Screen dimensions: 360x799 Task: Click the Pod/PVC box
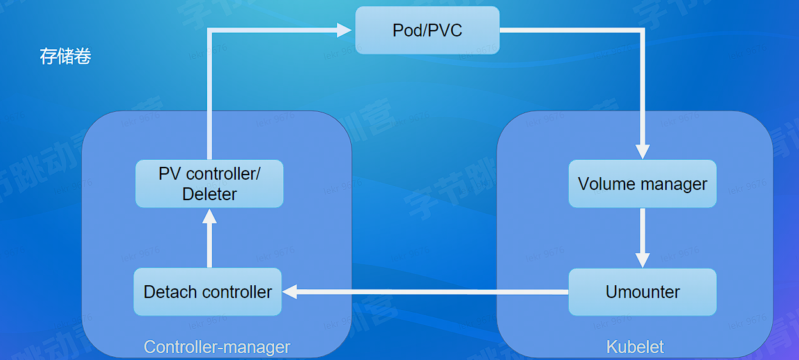(x=427, y=30)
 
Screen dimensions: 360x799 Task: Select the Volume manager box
(x=642, y=184)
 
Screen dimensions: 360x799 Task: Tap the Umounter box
(x=642, y=292)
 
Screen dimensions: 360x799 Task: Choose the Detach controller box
(x=208, y=292)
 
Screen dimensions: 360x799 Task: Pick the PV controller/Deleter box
(x=209, y=184)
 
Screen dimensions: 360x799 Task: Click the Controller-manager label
(x=217, y=347)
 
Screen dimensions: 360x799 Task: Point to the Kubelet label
(x=635, y=347)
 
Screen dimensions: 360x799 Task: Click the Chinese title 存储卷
(x=66, y=56)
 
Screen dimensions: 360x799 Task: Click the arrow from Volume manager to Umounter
(x=642, y=233)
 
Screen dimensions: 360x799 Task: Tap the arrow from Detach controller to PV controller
(x=209, y=243)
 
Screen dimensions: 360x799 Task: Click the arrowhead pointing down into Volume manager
(x=642, y=151)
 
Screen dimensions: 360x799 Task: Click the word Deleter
(x=209, y=194)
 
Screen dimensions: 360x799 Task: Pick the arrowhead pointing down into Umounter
(x=642, y=260)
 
